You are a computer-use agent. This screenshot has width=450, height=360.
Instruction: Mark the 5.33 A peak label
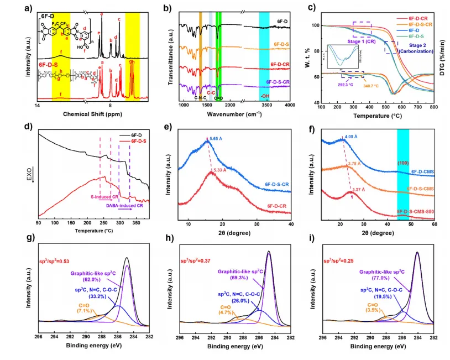[236, 170]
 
